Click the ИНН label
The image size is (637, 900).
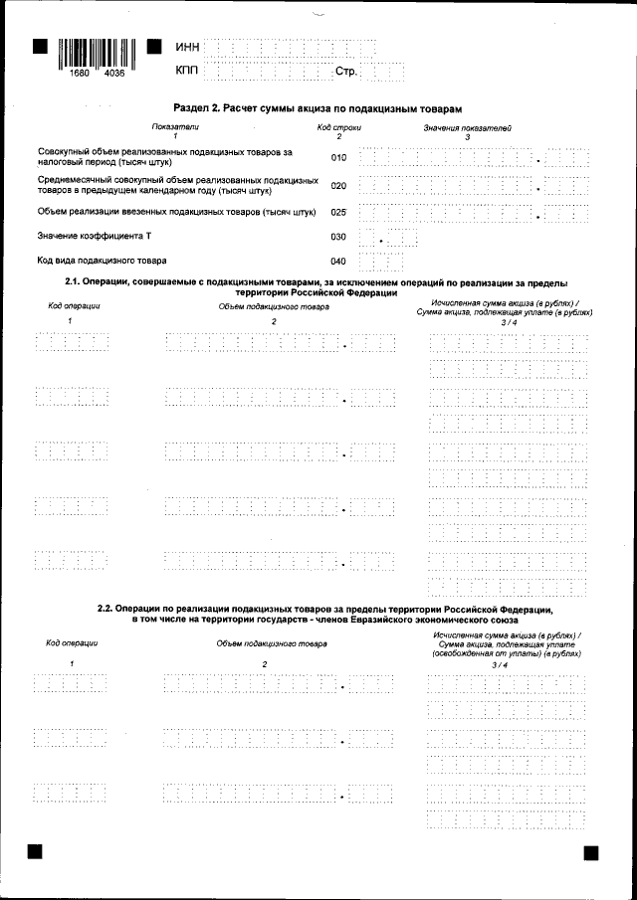pyautogui.click(x=187, y=48)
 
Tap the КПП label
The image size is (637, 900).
pyautogui.click(x=187, y=72)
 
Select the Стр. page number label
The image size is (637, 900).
pyautogui.click(x=345, y=73)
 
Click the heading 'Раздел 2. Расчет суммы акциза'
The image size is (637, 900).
pyautogui.click(x=318, y=107)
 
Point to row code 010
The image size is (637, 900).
pyautogui.click(x=338, y=157)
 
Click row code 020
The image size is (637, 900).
pyautogui.click(x=338, y=185)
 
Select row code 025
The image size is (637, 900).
pyautogui.click(x=338, y=212)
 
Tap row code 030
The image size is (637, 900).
pyautogui.click(x=338, y=238)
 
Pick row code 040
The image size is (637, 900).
pyautogui.click(x=338, y=262)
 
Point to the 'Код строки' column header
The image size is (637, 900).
pyautogui.click(x=338, y=128)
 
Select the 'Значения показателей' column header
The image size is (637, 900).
pyautogui.click(x=467, y=128)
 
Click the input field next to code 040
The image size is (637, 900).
pyautogui.click(x=381, y=263)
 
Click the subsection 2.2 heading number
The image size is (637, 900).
pyautogui.click(x=105, y=608)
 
